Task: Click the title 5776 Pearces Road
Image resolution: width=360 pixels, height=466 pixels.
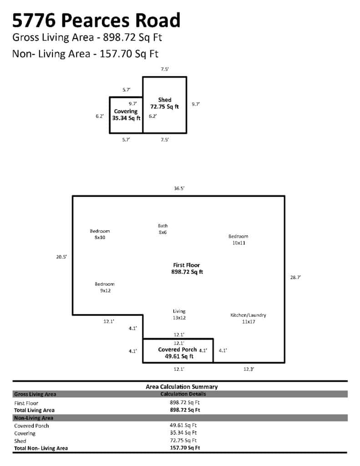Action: [96, 20]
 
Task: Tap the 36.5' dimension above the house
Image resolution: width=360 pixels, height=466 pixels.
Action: [179, 188]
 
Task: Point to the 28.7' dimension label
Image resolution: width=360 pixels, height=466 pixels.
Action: [295, 277]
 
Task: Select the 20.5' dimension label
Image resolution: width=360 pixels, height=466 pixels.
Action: [61, 257]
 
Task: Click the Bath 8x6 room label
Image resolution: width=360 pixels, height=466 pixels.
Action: [163, 229]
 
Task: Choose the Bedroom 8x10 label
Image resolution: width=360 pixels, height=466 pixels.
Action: [100, 234]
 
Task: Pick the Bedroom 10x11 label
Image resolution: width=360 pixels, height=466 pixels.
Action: [238, 239]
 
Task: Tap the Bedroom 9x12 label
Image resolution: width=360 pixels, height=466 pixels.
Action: [105, 288]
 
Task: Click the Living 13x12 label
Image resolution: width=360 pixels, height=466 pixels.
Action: [179, 314]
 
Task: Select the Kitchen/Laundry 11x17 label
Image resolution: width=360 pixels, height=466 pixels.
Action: [248, 318]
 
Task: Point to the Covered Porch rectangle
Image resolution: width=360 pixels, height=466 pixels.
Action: [178, 339]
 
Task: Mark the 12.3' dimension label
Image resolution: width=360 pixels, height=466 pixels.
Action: [249, 369]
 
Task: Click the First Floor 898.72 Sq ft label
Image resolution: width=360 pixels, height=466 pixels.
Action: [187, 268]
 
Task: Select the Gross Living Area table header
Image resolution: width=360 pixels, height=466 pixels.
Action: [35, 395]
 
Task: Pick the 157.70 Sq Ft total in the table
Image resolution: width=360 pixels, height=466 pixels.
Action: [185, 448]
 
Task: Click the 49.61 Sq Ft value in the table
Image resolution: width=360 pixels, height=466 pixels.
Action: [183, 425]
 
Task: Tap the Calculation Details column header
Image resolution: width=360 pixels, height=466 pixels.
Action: [183, 394]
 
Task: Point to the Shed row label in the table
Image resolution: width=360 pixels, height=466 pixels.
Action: [20, 441]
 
